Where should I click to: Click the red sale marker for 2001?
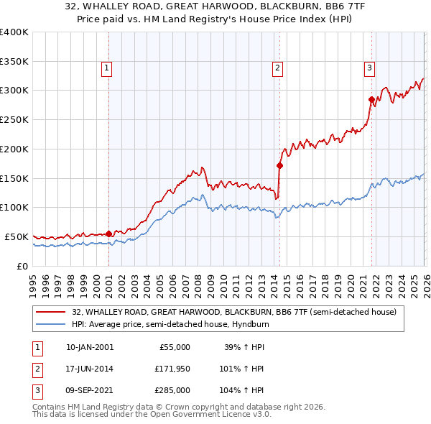108,234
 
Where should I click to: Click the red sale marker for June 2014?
279,165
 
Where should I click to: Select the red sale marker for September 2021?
371,99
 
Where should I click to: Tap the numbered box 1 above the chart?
106,68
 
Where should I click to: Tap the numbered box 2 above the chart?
277,68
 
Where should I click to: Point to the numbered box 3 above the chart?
369,68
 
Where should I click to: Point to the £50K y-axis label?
17,236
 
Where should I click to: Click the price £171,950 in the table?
172,369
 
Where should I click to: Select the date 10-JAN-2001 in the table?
90,347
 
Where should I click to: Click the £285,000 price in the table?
172,390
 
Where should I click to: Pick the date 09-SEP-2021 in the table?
90,390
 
